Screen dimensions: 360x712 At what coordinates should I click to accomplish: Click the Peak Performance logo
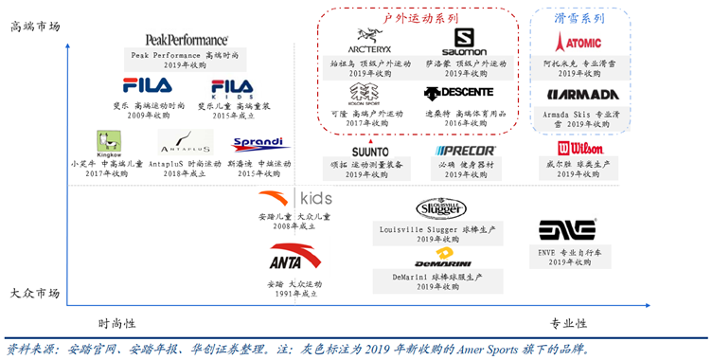pyautogui.click(x=187, y=39)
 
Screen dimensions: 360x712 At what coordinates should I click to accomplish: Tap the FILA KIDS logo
pyautogui.click(x=232, y=88)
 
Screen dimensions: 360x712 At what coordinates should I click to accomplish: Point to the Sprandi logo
pyautogui.click(x=262, y=144)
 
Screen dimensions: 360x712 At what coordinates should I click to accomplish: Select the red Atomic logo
pyautogui.click(x=578, y=43)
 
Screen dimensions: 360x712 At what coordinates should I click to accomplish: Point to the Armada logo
pyautogui.click(x=582, y=95)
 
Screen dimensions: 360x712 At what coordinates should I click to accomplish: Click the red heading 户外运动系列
pyautogui.click(x=420, y=18)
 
